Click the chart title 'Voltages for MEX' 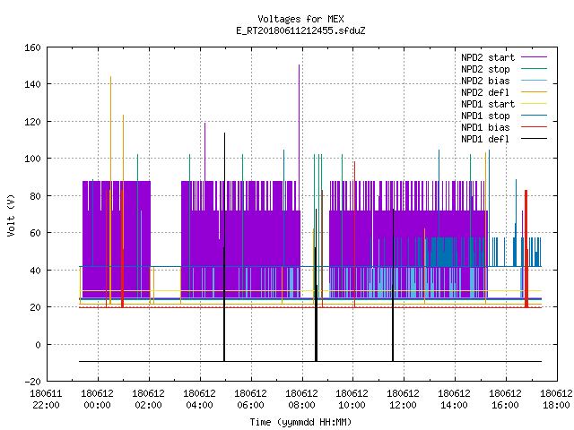[300, 19]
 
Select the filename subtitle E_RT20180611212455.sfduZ [300, 30]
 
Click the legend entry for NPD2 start [488, 57]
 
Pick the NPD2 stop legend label [485, 69]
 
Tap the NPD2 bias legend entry [485, 81]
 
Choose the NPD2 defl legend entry [485, 92]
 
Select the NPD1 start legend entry [488, 104]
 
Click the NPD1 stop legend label [485, 116]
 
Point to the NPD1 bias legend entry [485, 127]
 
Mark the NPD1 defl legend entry [485, 140]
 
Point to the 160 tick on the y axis [32, 47]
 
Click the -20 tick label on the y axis [32, 382]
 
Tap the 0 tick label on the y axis [38, 344]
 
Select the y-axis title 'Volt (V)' [11, 215]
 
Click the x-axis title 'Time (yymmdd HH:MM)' [300, 422]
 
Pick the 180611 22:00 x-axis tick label [46, 400]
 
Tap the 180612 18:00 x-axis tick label [556, 400]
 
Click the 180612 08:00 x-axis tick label [301, 400]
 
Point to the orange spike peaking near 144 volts [111, 128]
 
